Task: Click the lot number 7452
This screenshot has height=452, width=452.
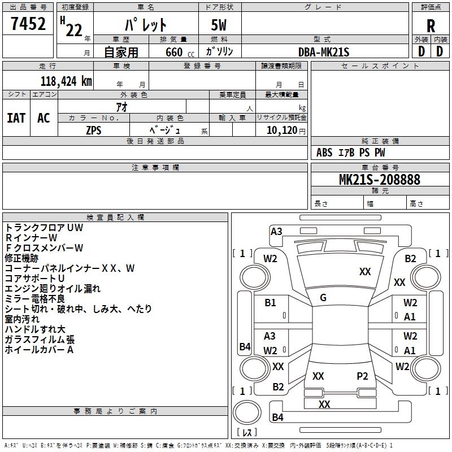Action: click(x=28, y=24)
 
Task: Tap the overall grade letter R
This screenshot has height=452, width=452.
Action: click(x=431, y=26)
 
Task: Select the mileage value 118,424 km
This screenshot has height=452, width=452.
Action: click(x=66, y=81)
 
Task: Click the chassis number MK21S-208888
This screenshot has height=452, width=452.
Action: click(x=380, y=179)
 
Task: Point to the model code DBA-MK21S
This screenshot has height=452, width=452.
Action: click(x=324, y=52)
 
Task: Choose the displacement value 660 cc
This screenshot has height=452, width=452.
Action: click(x=180, y=53)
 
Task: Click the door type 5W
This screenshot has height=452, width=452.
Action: click(x=219, y=25)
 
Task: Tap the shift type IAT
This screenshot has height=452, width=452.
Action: click(x=16, y=118)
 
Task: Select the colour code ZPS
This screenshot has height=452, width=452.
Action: click(x=94, y=131)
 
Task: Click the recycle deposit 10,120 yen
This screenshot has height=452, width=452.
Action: click(x=286, y=131)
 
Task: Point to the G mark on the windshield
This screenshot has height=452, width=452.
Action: click(x=323, y=298)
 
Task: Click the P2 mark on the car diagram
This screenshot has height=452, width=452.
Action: click(x=362, y=376)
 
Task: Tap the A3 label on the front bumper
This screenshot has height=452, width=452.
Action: click(x=276, y=232)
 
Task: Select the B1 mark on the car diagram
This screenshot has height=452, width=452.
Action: click(x=270, y=303)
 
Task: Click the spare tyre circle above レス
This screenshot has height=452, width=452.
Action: click(x=247, y=412)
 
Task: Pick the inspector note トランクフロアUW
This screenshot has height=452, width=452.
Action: click(x=44, y=228)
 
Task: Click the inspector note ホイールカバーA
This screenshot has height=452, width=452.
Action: click(x=39, y=350)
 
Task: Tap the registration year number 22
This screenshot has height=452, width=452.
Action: click(x=74, y=31)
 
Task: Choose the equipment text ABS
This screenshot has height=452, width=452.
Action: click(x=324, y=153)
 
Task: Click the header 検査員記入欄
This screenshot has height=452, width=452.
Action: click(x=115, y=218)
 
